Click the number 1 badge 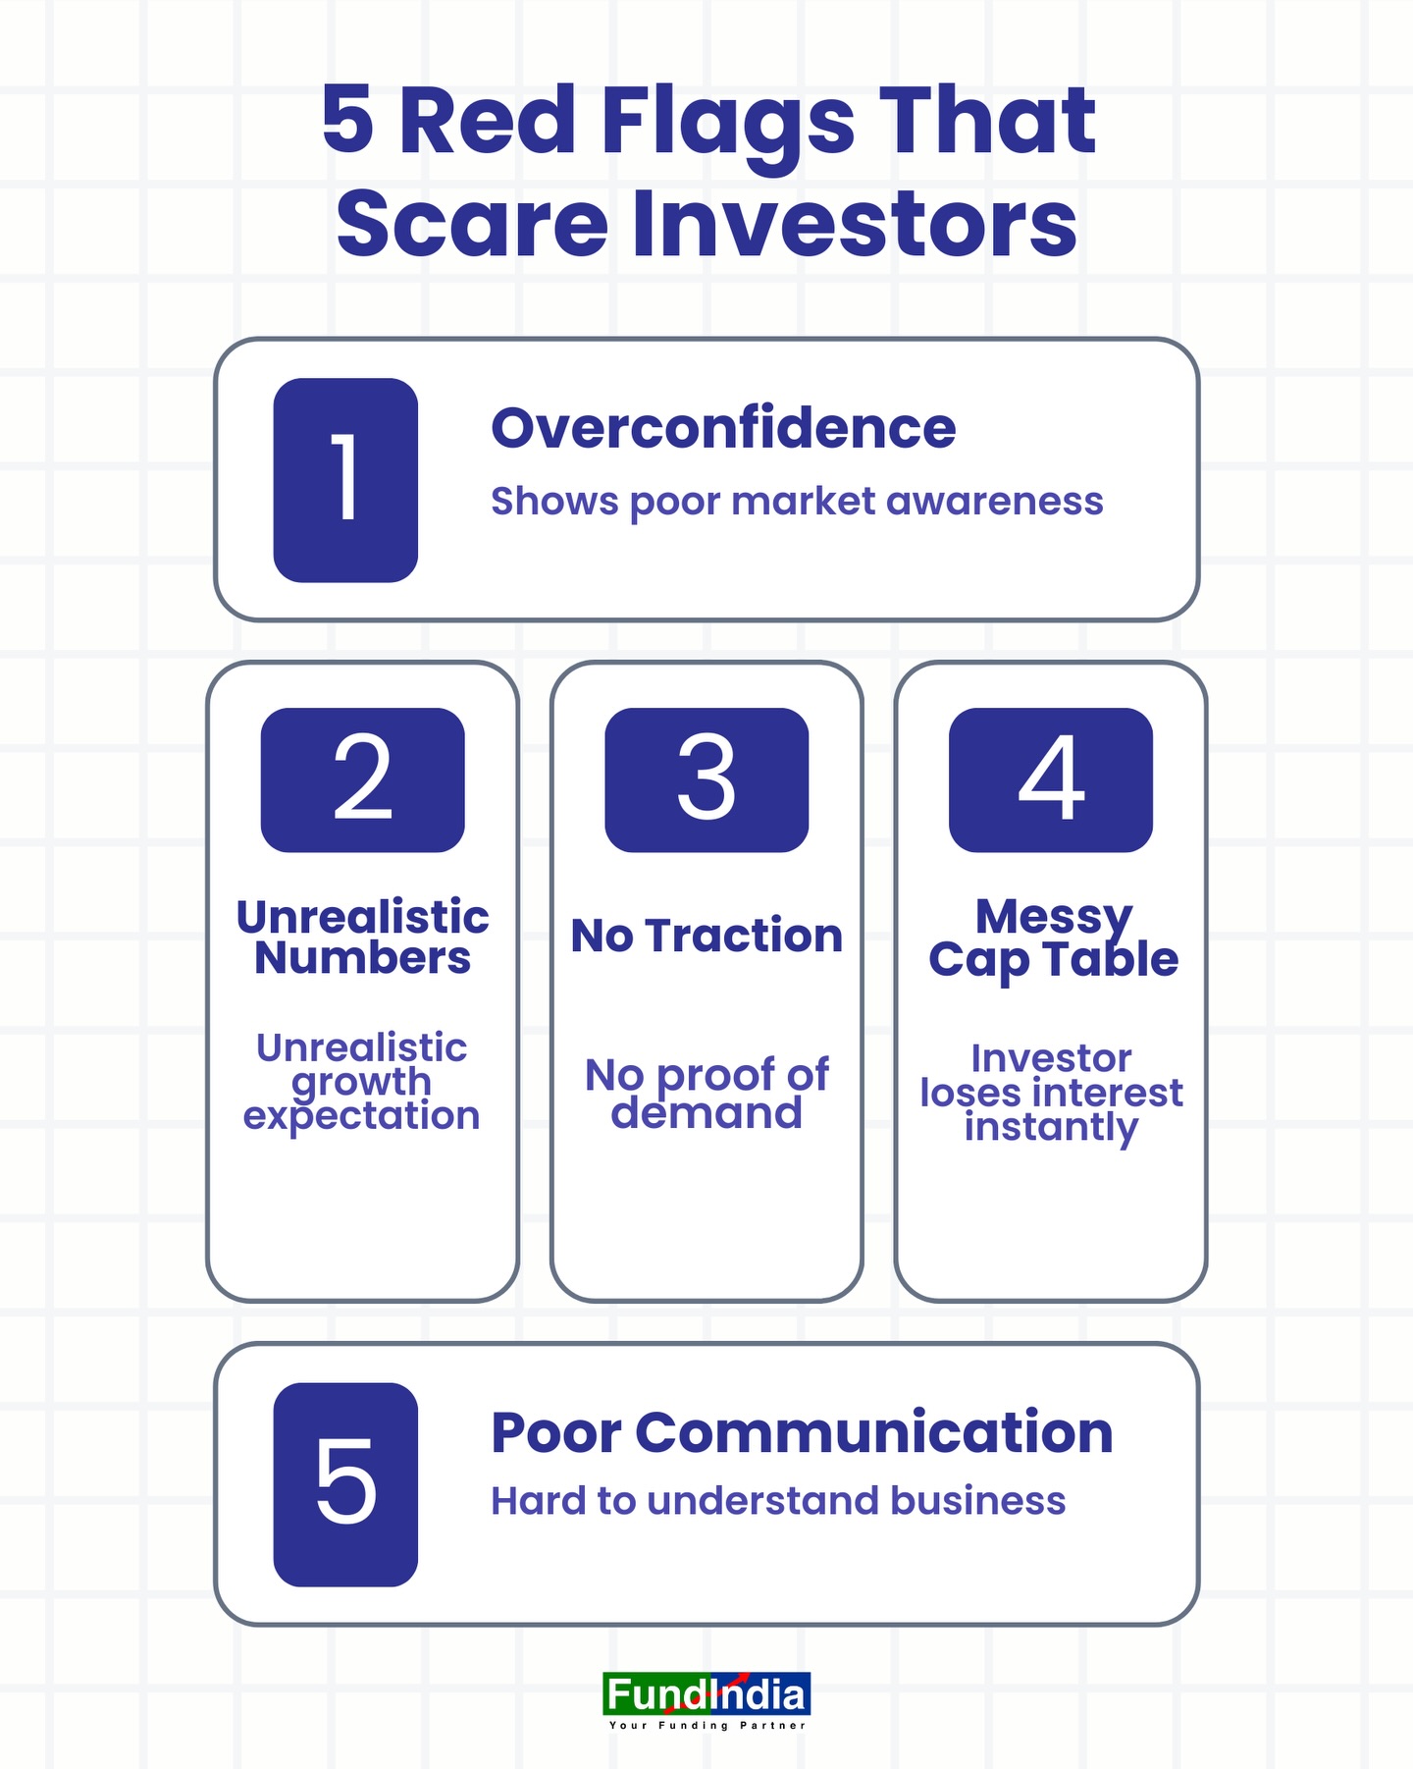[345, 480]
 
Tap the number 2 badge [363, 779]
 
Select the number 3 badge [706, 779]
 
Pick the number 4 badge [1051, 779]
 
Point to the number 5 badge [345, 1484]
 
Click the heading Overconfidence [723, 428]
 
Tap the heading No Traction [706, 936]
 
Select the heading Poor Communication [802, 1432]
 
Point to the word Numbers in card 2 [362, 959]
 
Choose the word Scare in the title [472, 226]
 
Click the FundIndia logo [706, 1694]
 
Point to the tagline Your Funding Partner [706, 1725]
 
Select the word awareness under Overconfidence [995, 502]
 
